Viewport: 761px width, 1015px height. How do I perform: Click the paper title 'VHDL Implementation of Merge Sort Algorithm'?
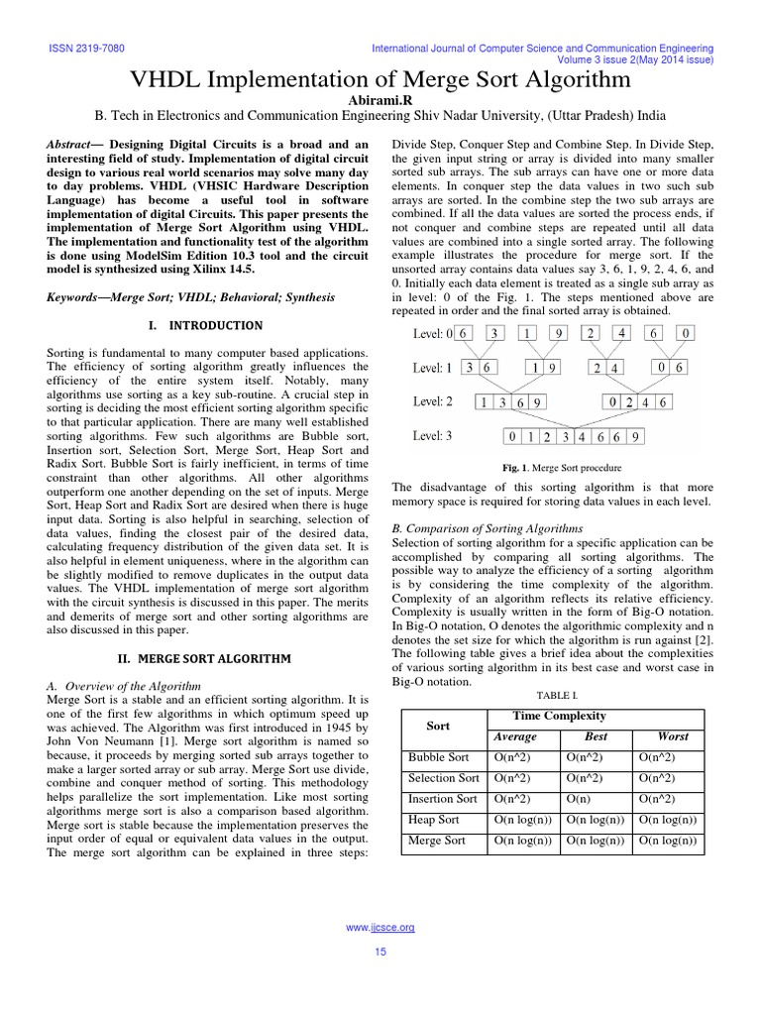(x=380, y=79)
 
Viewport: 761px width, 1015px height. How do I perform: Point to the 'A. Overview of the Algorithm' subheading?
(x=125, y=686)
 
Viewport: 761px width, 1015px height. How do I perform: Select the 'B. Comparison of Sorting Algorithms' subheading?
(x=489, y=528)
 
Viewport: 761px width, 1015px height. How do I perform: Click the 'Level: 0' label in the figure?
(x=433, y=334)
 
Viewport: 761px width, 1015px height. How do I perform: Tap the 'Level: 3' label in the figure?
(x=433, y=435)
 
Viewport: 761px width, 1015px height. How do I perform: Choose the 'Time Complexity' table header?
(x=559, y=716)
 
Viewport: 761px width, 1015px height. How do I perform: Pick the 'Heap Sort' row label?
(x=433, y=820)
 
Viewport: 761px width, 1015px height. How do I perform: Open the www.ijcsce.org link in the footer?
(x=380, y=927)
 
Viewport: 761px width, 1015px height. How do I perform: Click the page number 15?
(x=380, y=953)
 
